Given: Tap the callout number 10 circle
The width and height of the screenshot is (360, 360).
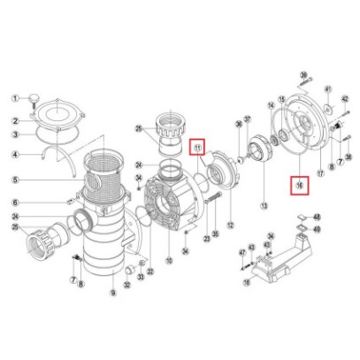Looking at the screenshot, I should tap(168, 263).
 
